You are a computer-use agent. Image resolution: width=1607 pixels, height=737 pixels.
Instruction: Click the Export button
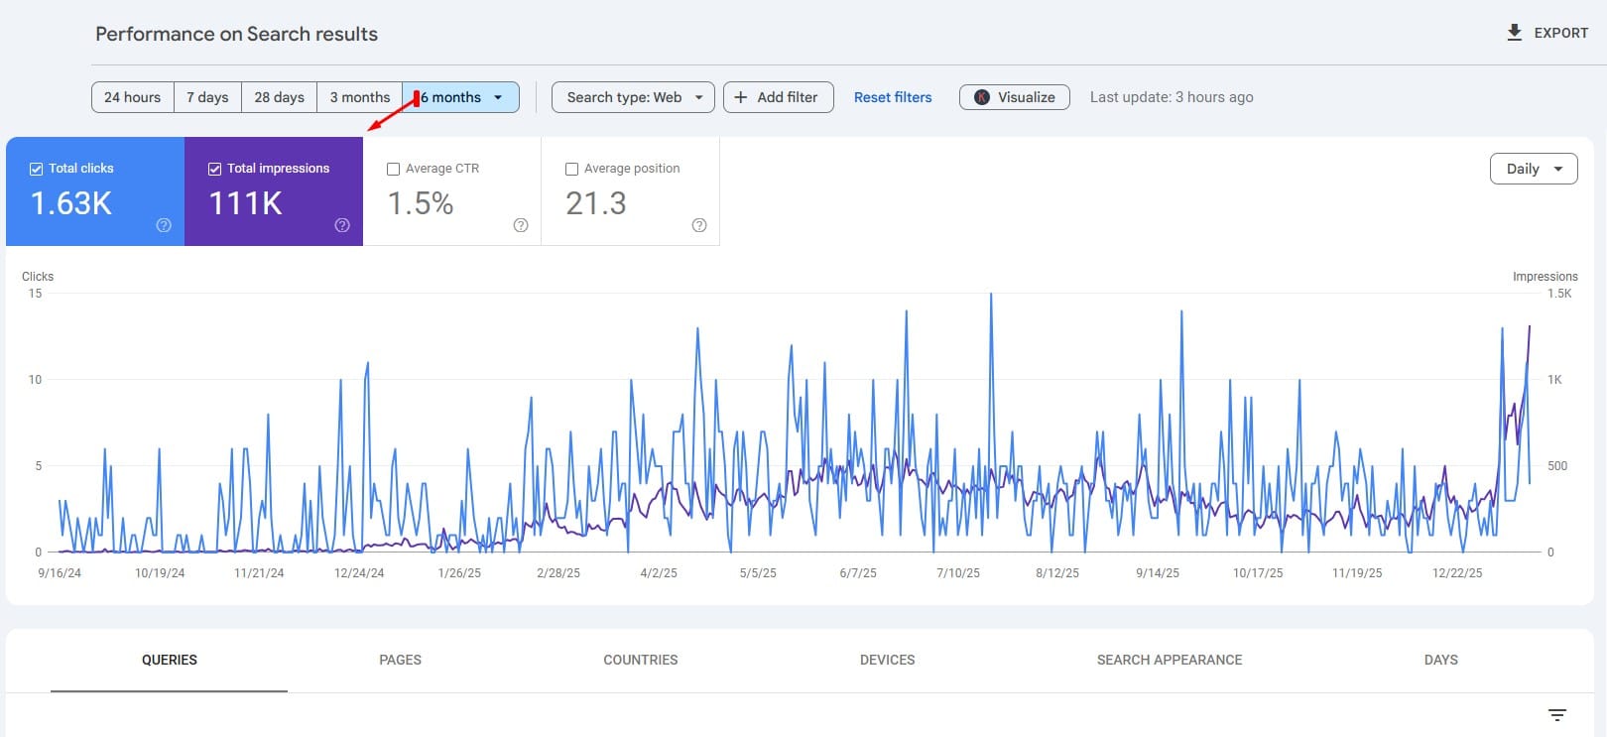pos(1546,33)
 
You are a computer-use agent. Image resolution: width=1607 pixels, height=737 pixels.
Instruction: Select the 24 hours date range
pos(132,97)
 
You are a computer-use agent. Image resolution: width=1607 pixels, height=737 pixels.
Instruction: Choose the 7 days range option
pos(207,97)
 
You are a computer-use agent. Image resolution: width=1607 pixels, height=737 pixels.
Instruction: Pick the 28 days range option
pos(279,97)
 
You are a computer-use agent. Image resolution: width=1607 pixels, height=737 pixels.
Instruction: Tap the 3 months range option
pos(359,97)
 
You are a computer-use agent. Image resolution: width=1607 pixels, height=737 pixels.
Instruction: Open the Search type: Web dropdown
pos(633,97)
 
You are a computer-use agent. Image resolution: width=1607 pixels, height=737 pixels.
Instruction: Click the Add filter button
pos(778,97)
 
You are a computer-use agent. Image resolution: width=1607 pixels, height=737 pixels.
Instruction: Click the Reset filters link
pos(893,97)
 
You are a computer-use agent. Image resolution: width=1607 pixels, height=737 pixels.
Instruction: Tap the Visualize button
pos(1014,97)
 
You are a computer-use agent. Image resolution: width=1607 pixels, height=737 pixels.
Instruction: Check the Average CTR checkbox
pos(394,169)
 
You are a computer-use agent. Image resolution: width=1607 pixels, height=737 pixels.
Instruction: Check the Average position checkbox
pos(572,169)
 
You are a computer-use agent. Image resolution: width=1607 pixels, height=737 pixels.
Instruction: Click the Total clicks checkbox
pos(37,169)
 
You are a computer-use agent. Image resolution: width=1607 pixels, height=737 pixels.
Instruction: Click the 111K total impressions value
pos(245,203)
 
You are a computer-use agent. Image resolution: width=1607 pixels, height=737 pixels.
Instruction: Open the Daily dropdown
pos(1533,169)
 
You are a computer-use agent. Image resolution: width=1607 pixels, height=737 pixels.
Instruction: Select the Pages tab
pos(400,660)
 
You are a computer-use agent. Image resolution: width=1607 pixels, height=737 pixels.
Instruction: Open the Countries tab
pos(640,660)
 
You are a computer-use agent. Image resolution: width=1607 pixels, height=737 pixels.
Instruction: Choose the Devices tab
pos(887,660)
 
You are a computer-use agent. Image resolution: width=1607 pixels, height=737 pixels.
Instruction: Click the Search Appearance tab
pos(1169,660)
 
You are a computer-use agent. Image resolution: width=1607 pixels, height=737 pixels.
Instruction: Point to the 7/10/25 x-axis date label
pos(957,573)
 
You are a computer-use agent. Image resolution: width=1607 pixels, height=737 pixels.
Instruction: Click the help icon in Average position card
pos(699,225)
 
